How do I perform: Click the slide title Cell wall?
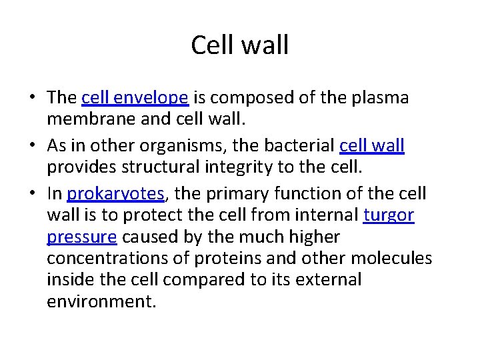tap(240, 45)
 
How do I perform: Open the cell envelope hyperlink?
tap(135, 98)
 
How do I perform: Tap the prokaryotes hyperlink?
tap(115, 194)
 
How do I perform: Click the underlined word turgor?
tap(389, 215)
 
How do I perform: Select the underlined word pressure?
tap(82, 237)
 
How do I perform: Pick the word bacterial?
tap(298, 145)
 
